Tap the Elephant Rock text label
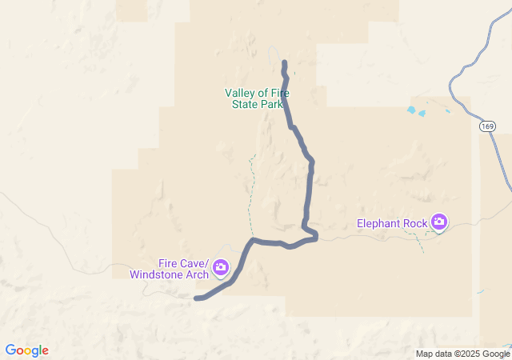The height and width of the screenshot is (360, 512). [392, 223]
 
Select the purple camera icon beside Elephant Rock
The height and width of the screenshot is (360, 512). [438, 221]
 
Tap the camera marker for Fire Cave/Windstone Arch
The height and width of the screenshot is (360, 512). [220, 267]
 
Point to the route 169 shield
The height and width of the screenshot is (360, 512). [487, 126]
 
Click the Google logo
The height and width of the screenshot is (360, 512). [26, 350]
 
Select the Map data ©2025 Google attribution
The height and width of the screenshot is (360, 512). [462, 354]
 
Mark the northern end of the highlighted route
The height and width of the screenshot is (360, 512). [285, 62]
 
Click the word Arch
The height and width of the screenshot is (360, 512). [197, 274]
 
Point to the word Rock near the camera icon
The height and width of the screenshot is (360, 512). [415, 223]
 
